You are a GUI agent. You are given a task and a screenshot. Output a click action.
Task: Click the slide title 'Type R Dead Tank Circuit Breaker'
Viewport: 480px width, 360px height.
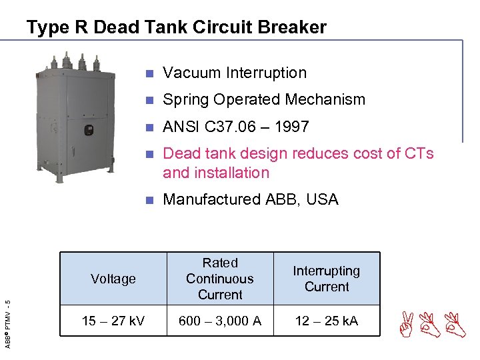(177, 27)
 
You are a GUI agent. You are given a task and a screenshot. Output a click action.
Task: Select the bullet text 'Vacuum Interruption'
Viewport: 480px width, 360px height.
(235, 73)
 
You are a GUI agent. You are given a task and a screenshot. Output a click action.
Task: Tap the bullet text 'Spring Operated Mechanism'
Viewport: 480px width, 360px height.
(264, 99)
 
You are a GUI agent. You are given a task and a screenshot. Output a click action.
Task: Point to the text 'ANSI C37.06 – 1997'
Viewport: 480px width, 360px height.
(236, 127)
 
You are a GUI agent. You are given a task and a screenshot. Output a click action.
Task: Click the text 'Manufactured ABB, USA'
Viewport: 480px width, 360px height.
(251, 199)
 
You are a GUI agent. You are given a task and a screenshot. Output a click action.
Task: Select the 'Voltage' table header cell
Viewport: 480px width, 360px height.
(113, 279)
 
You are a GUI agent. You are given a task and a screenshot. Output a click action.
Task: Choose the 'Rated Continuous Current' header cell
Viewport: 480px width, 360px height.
(220, 279)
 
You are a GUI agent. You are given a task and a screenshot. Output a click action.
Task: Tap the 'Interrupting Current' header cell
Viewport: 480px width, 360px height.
(327, 279)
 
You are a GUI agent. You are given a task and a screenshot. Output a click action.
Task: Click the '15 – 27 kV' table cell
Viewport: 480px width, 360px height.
(113, 321)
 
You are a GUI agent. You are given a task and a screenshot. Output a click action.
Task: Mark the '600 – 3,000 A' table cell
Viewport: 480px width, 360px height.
(220, 321)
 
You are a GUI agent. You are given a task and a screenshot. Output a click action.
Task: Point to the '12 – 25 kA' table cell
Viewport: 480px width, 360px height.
(327, 321)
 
